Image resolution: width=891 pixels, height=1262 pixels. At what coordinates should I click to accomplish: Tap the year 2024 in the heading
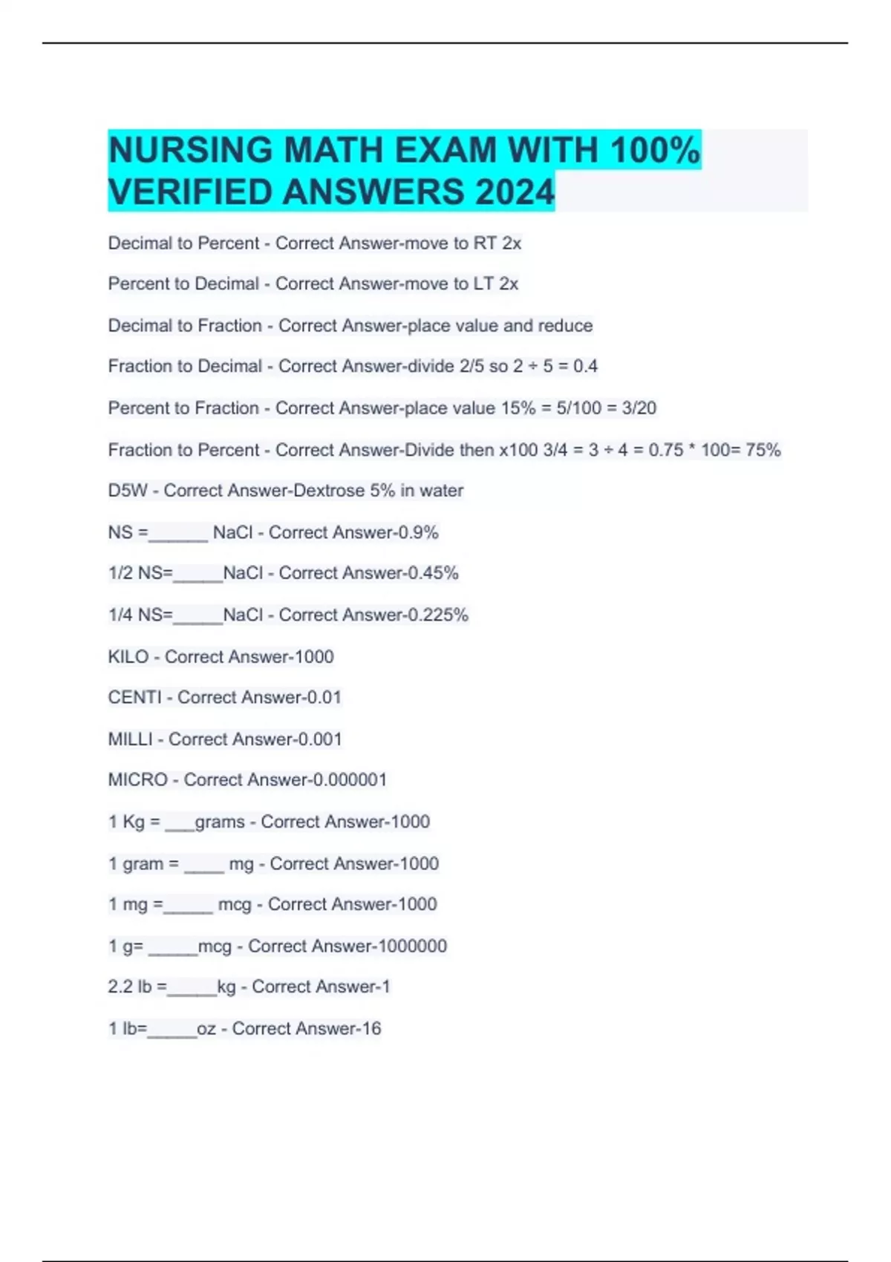515,192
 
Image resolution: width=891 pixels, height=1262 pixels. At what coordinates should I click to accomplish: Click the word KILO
128,657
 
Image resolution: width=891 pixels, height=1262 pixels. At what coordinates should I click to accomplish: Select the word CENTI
134,698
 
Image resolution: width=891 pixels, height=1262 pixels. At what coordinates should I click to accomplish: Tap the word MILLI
130,739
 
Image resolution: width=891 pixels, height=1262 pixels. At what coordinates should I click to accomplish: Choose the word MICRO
138,780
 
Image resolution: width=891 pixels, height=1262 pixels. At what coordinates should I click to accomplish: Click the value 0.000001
350,780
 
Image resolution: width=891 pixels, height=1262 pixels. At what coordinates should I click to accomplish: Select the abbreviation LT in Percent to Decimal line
483,284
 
